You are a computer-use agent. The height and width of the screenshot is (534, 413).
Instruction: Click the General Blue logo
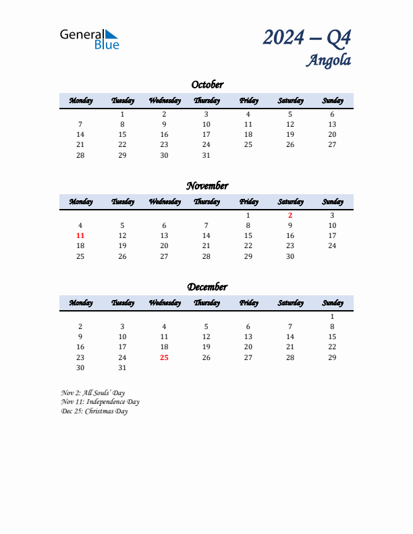89,38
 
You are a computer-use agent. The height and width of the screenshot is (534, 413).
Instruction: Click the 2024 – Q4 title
306,37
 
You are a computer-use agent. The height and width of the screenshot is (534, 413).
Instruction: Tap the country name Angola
329,60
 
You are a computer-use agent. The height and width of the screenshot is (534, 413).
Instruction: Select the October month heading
206,85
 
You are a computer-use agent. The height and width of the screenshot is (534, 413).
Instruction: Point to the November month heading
206,186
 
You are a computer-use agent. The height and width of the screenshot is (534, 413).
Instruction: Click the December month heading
206,287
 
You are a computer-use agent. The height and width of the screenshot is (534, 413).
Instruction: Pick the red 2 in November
290,216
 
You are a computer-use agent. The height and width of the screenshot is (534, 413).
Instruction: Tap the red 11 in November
80,236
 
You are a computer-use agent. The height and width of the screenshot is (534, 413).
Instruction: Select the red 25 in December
164,357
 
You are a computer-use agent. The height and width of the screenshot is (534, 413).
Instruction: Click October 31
206,155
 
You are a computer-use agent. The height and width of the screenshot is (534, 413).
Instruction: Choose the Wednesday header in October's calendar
164,100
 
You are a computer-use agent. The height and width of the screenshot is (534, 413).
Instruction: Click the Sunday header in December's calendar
332,303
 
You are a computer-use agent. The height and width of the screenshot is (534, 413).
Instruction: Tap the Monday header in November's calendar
80,202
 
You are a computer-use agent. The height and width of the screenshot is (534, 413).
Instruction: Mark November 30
290,256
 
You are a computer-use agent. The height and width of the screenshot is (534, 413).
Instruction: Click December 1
332,317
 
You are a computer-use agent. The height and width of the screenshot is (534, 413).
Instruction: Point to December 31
122,367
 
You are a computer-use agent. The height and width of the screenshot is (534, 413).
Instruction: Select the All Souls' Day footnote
92,392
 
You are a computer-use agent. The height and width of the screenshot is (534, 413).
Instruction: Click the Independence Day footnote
100,402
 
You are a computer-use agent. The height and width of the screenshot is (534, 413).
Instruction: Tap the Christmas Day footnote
94,411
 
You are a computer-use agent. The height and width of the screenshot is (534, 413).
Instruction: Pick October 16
164,135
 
